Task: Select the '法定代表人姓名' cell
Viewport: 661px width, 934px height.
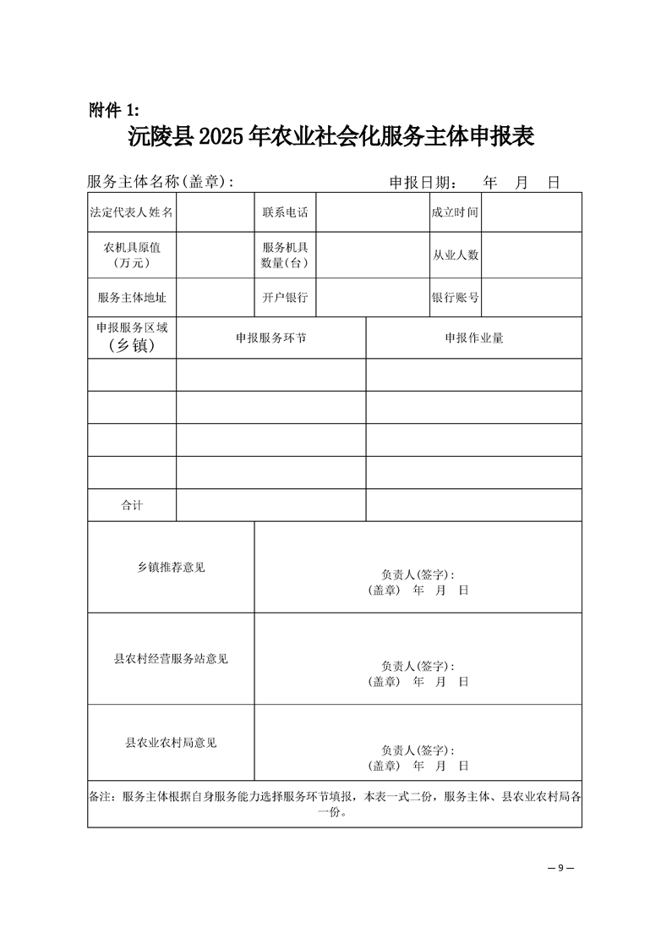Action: coord(132,212)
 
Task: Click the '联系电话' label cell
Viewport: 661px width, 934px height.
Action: coord(285,212)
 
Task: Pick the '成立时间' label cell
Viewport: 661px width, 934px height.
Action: coord(455,212)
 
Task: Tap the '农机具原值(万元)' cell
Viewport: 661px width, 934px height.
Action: coord(132,255)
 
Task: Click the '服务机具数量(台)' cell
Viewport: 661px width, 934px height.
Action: coord(285,255)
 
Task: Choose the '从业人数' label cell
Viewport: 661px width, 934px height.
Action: coord(456,255)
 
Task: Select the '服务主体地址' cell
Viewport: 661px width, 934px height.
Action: coord(132,298)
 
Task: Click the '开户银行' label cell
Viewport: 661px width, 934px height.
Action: coord(285,298)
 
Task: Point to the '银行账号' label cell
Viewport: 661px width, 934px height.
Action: coord(456,298)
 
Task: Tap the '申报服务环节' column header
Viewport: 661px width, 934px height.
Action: coord(270,338)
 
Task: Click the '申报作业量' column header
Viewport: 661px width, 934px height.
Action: coord(474,338)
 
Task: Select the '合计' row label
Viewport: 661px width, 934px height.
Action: coord(132,505)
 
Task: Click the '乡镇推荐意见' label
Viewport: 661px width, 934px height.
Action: coord(171,567)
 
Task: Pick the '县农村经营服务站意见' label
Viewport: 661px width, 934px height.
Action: coord(171,658)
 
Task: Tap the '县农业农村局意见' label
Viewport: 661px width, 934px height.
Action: coord(171,742)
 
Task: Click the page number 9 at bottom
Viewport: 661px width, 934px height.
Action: coord(560,868)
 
